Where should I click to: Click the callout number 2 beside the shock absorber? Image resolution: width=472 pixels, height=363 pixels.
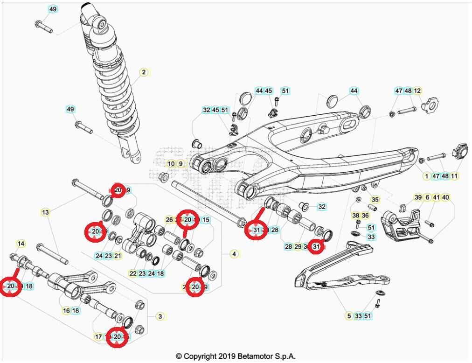[x=144, y=72]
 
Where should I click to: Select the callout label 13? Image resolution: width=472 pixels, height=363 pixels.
[x=45, y=212]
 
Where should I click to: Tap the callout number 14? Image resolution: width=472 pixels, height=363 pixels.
[x=21, y=244]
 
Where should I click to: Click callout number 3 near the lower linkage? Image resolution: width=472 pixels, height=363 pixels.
[x=160, y=316]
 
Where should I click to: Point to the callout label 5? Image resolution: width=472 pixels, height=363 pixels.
[x=349, y=316]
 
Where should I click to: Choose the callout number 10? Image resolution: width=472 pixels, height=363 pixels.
[x=171, y=164]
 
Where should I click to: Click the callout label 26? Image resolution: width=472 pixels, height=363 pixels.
[x=169, y=220]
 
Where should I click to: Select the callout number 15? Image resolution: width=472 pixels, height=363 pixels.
[x=206, y=220]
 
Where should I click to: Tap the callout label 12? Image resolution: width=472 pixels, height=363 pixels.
[x=417, y=91]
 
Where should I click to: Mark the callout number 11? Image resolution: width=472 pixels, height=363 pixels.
[x=454, y=176]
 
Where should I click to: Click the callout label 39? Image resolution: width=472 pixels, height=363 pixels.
[x=418, y=197]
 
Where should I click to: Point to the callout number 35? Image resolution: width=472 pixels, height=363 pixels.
[x=375, y=200]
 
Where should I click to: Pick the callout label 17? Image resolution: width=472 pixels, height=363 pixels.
[x=98, y=336]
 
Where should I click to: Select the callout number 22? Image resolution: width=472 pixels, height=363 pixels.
[x=133, y=274]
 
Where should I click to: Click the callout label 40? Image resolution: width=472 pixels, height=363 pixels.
[x=445, y=197]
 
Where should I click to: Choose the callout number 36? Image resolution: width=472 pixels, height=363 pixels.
[x=365, y=216]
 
